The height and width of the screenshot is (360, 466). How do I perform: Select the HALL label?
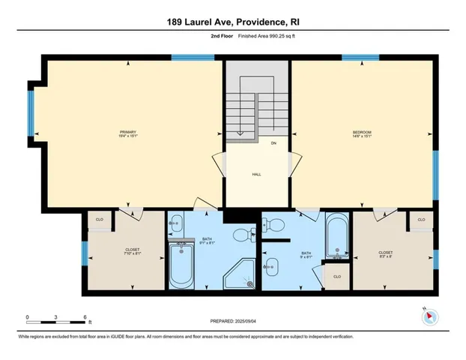(255, 173)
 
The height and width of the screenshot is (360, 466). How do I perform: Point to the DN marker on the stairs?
(273, 142)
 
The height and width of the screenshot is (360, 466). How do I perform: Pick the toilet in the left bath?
(241, 236)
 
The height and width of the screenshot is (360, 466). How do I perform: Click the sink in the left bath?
(177, 223)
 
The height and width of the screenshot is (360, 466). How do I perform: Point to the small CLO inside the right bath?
(336, 276)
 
